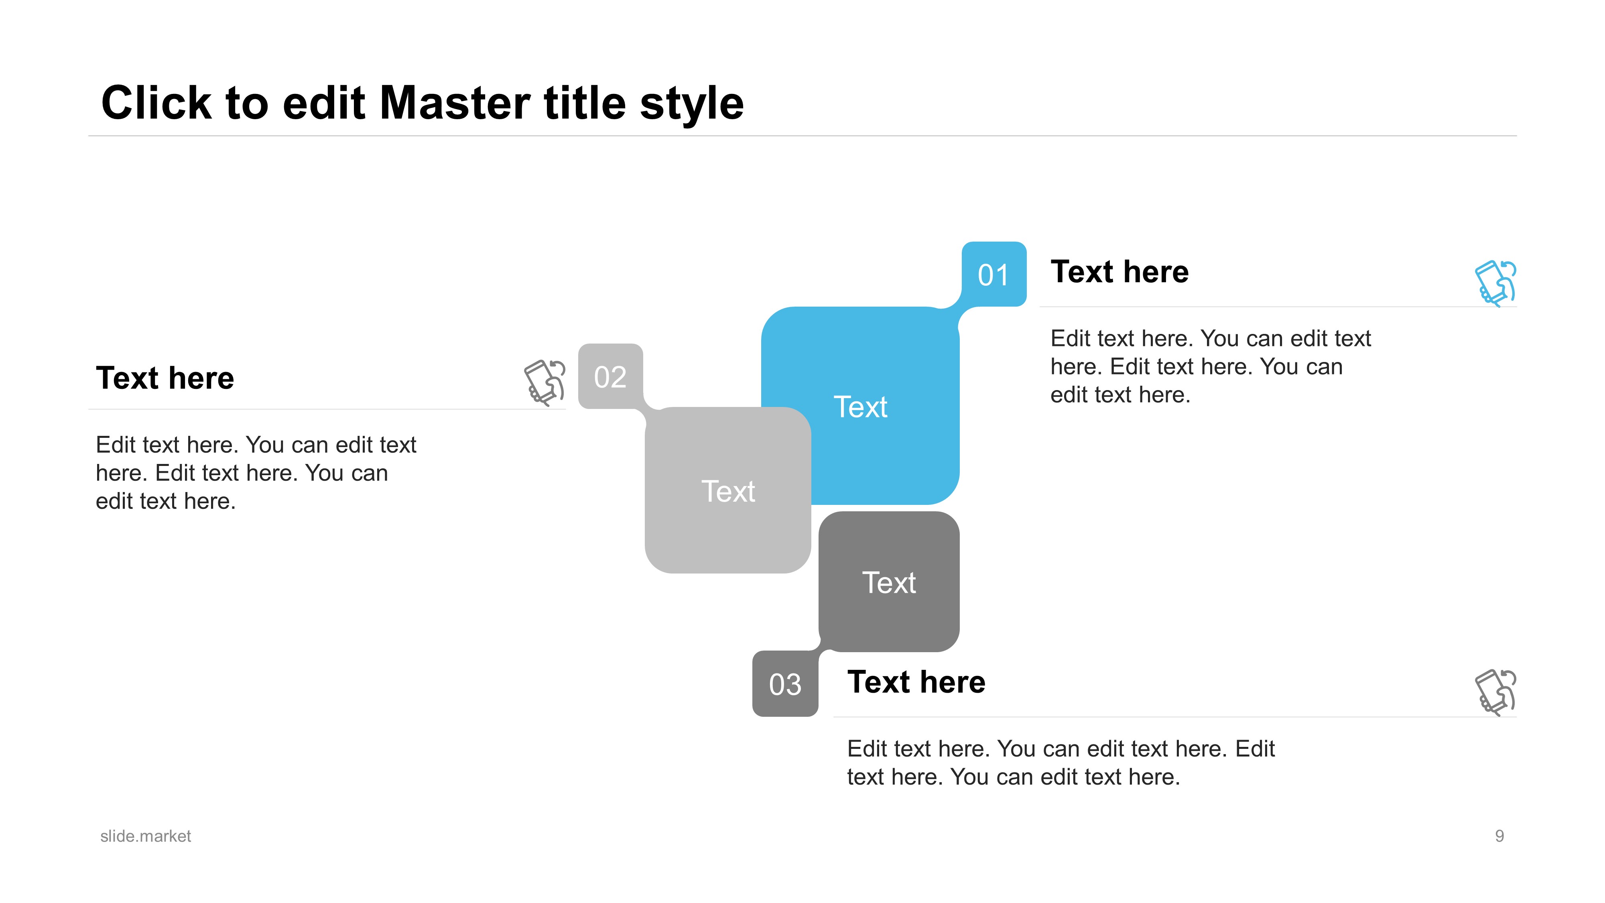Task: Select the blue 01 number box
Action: point(994,274)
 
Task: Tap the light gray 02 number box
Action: point(611,376)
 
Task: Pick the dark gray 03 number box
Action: point(785,683)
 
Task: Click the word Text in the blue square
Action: point(860,407)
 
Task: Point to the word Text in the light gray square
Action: point(728,491)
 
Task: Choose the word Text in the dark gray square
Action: point(889,583)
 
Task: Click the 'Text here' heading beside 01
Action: point(1119,272)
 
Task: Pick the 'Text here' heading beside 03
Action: point(916,682)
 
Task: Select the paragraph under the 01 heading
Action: point(1211,366)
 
